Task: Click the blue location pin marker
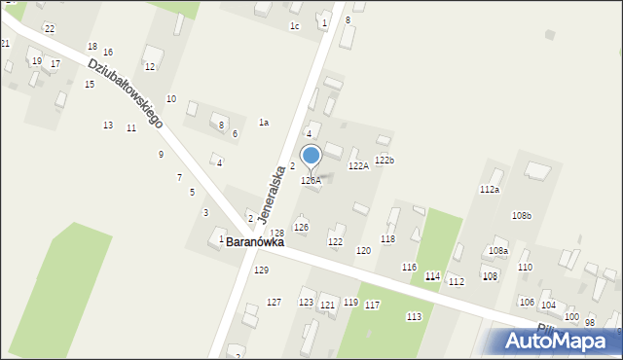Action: click(x=311, y=157)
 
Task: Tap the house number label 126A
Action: click(x=311, y=181)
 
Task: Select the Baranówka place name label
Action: click(x=255, y=242)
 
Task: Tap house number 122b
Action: click(x=385, y=161)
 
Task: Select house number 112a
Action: click(x=489, y=190)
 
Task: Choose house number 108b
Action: click(x=522, y=215)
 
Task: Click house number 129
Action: click(x=261, y=270)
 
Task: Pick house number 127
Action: click(x=274, y=303)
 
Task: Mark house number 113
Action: click(x=414, y=316)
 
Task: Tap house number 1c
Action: click(x=294, y=26)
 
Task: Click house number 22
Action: click(x=49, y=29)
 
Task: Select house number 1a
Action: click(x=263, y=123)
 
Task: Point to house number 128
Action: click(x=277, y=234)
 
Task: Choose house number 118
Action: click(x=387, y=239)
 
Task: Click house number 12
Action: click(x=149, y=66)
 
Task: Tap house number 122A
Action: click(x=359, y=166)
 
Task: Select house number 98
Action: click(x=589, y=322)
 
